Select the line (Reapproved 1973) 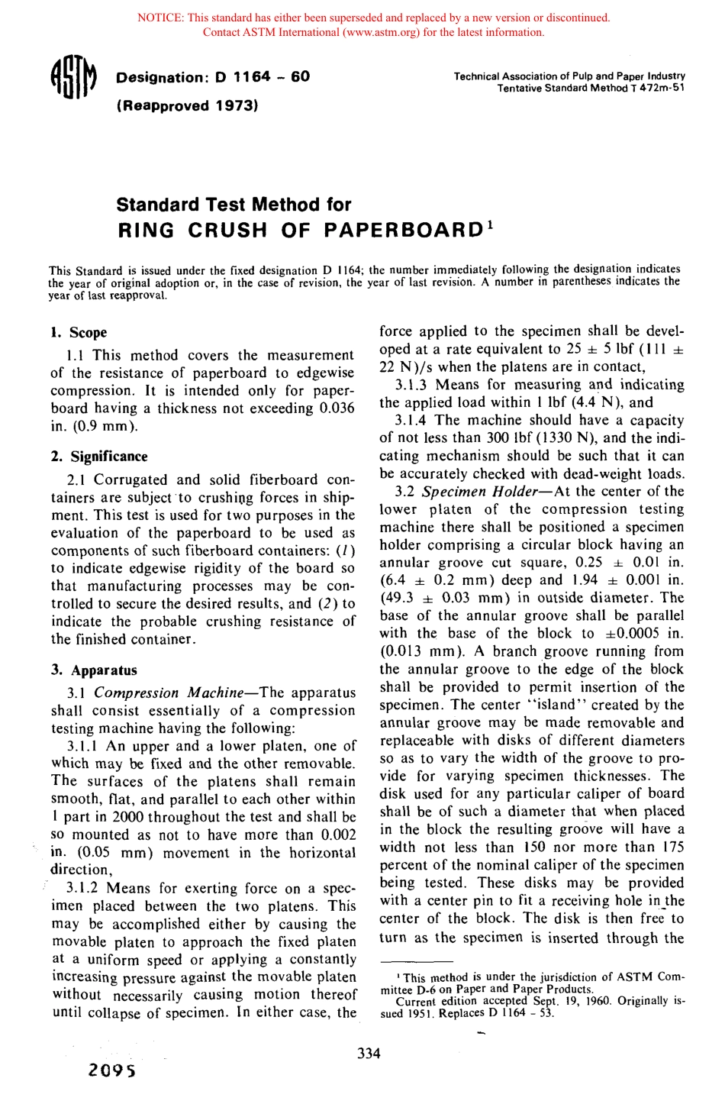(187, 105)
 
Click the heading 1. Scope (79, 332)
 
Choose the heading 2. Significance (99, 457)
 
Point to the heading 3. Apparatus (94, 670)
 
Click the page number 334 (369, 1054)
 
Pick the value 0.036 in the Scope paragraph (337, 408)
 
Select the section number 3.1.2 (83, 889)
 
